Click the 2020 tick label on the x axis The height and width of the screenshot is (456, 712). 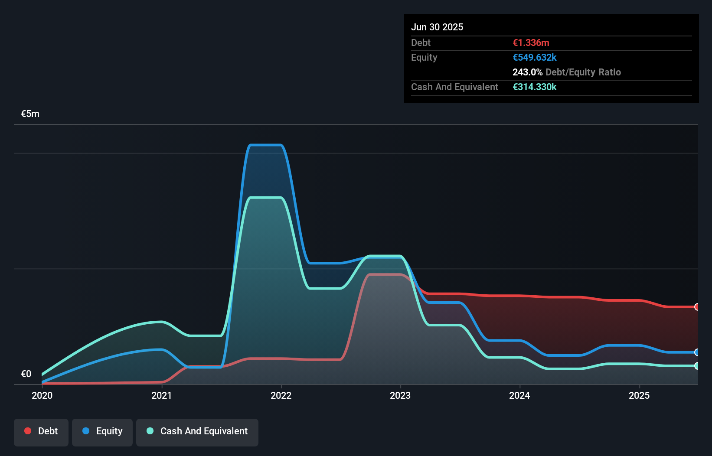click(x=42, y=395)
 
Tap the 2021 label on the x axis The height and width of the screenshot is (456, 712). click(x=161, y=395)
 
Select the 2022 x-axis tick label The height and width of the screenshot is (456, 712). click(x=281, y=395)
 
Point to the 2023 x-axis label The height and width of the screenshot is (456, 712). click(x=400, y=395)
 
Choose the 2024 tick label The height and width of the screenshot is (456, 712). click(x=519, y=395)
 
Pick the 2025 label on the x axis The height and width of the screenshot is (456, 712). click(x=639, y=395)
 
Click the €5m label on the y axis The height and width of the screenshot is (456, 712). click(x=30, y=114)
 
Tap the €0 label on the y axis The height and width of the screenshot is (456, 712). click(x=26, y=374)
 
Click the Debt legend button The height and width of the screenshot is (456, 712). click(x=41, y=431)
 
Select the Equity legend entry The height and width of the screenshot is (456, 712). click(x=102, y=431)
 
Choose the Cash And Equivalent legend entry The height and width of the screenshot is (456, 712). click(x=197, y=431)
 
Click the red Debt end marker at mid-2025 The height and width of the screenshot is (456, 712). click(x=697, y=307)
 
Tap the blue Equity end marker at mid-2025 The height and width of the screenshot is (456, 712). click(x=697, y=352)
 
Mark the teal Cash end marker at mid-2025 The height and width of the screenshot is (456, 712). click(x=697, y=366)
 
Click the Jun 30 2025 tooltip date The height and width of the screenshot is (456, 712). click(x=437, y=27)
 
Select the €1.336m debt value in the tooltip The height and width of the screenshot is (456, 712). click(x=531, y=42)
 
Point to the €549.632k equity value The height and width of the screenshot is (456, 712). click(x=535, y=57)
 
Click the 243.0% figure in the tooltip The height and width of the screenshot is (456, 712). click(x=527, y=72)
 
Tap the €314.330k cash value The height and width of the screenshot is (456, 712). click(x=535, y=87)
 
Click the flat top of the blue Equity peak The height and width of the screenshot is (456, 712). click(x=266, y=145)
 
